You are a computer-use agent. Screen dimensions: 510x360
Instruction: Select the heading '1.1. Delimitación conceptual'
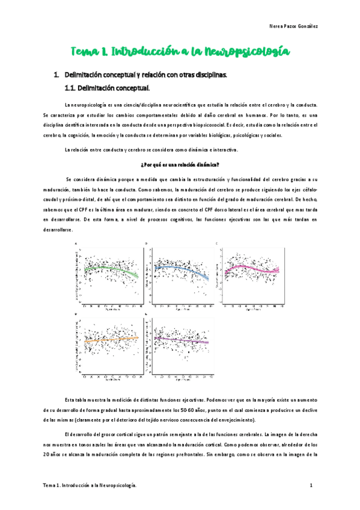[106, 88]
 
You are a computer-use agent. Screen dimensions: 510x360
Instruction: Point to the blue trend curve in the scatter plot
[180, 269]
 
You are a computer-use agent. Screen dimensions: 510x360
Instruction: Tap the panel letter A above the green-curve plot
[76, 243]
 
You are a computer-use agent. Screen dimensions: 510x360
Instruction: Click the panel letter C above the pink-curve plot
[216, 243]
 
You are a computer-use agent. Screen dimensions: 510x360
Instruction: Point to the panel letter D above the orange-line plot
[76, 314]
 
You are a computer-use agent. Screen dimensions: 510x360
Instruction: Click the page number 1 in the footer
[311, 485]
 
